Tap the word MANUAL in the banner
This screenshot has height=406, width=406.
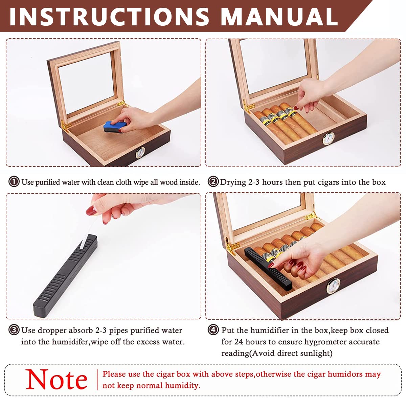[x=279, y=17]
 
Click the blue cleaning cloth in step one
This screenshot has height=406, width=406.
[x=115, y=127]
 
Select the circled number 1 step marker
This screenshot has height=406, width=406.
[x=14, y=182]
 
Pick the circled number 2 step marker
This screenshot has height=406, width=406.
[x=213, y=182]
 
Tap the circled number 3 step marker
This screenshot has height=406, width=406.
[x=14, y=330]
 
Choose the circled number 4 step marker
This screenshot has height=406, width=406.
[x=213, y=330]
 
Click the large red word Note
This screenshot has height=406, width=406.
[x=57, y=380]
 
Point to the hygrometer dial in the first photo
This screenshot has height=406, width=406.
[x=140, y=153]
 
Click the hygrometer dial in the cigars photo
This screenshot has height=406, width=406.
[x=329, y=139]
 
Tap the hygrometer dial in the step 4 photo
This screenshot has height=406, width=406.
[x=333, y=286]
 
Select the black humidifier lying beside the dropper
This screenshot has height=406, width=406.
[x=65, y=276]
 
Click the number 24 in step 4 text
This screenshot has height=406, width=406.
[x=239, y=341]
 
